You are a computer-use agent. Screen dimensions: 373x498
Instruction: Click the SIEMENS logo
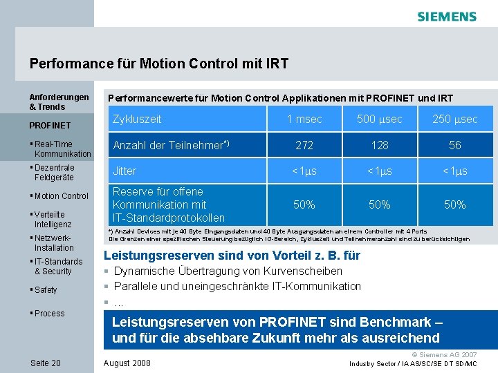[447, 17]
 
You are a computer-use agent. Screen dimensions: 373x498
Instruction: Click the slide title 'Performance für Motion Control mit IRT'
[159, 64]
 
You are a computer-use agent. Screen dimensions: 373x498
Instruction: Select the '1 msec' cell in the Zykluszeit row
[304, 119]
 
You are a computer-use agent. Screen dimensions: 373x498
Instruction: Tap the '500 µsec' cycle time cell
[380, 119]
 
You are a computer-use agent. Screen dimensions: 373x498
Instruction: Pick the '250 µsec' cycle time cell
[455, 119]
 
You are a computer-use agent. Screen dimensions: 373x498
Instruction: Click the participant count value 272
[304, 145]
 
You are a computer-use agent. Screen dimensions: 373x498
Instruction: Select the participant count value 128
[380, 145]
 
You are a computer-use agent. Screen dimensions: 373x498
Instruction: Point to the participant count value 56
[455, 145]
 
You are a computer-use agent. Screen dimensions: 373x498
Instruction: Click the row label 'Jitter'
[124, 171]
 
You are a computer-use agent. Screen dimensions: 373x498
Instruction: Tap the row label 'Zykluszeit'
[137, 119]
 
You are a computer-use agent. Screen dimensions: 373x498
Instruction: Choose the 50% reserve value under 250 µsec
[455, 204]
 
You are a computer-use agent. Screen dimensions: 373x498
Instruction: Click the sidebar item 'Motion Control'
[61, 196]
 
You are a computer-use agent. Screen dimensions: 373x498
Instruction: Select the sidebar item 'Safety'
[46, 290]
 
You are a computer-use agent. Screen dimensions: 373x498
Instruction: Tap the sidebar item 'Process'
[49, 314]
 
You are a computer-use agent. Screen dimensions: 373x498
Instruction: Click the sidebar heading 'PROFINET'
[50, 126]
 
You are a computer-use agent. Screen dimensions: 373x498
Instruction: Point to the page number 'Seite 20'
[46, 363]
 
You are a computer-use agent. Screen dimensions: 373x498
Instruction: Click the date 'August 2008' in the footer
[127, 363]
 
